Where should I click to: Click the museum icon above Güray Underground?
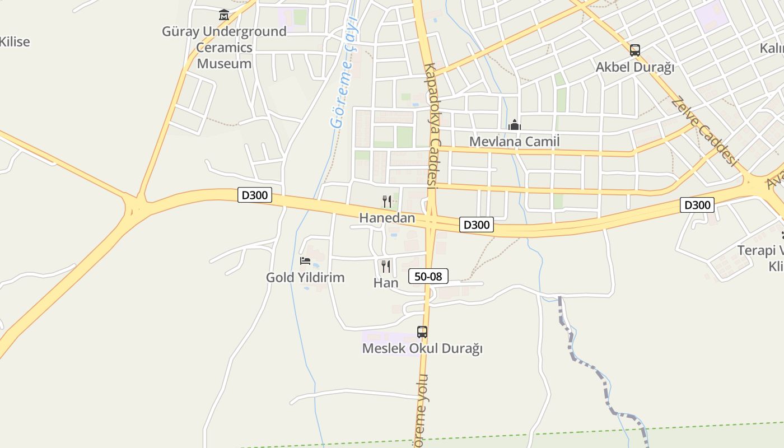(x=224, y=15)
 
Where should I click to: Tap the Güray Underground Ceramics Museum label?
(x=224, y=48)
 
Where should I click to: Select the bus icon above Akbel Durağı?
(x=634, y=50)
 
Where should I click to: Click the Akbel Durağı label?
(x=634, y=67)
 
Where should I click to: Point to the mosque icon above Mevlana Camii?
(x=514, y=125)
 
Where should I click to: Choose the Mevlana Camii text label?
(x=514, y=141)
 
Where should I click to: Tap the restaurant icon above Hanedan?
(x=386, y=202)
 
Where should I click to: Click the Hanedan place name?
(x=387, y=218)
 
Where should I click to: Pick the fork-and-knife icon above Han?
(x=386, y=266)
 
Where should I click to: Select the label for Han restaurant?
(x=386, y=283)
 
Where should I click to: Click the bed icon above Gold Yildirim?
(x=305, y=261)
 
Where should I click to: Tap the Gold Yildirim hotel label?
(x=305, y=277)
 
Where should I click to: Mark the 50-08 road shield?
(x=428, y=276)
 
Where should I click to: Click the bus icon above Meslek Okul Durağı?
(x=422, y=332)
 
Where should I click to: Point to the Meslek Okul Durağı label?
(x=422, y=348)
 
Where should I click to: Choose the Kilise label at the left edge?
(x=15, y=41)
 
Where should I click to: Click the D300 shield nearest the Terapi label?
(x=697, y=205)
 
